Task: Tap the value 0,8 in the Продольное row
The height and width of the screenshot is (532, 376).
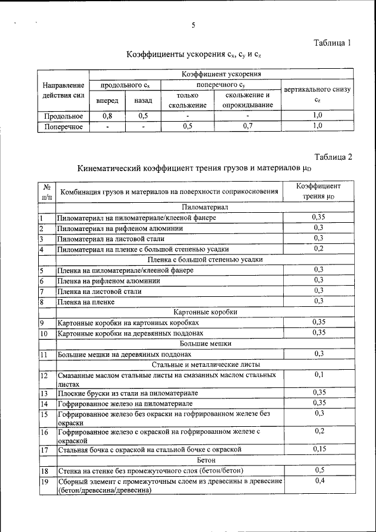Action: tap(107, 116)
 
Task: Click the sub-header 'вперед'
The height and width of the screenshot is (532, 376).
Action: tap(107, 101)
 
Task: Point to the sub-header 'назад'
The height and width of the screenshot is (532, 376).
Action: tap(143, 101)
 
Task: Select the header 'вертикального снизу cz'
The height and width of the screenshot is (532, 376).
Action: tap(317, 95)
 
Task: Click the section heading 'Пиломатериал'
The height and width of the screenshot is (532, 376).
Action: tap(204, 208)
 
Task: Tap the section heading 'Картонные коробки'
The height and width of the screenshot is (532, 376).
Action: tap(204, 312)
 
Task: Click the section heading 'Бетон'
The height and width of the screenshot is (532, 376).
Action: tap(204, 460)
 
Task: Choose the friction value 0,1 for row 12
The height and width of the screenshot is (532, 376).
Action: tap(318, 374)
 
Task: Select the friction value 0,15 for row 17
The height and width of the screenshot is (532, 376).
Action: tap(318, 449)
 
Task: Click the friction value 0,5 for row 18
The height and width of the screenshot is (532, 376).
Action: tap(318, 470)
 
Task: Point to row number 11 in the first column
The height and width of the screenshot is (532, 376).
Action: tap(43, 354)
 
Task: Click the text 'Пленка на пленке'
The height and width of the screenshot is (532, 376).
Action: tap(86, 302)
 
